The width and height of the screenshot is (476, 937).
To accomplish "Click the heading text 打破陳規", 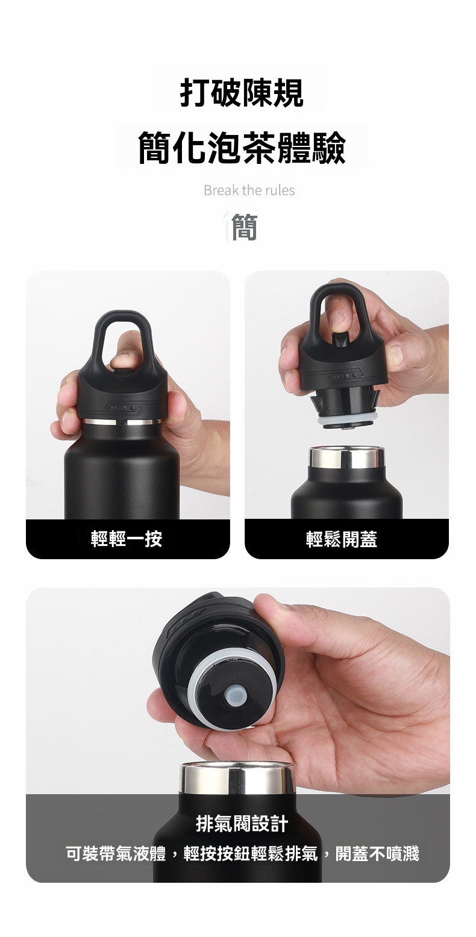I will [x=242, y=93].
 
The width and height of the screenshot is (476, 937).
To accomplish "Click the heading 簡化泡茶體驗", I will [x=242, y=147].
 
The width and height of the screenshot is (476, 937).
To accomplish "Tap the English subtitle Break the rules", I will [x=249, y=190].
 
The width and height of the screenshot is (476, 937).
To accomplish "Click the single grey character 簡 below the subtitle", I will [x=243, y=227].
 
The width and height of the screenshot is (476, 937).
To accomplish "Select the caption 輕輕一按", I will [x=127, y=539].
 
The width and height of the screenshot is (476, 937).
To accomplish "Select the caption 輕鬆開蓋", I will [x=342, y=539].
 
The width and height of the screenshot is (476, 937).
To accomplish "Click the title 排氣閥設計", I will [x=242, y=823].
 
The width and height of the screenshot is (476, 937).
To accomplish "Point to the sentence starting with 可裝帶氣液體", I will [x=242, y=853].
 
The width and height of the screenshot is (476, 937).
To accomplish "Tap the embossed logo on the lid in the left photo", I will [x=124, y=408].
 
